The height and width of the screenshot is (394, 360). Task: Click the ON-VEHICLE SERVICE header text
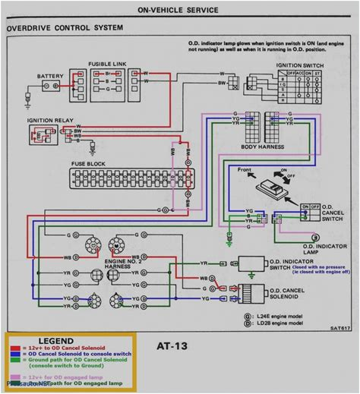[x=181, y=11]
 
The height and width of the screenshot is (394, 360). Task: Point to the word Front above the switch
[x=245, y=169]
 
